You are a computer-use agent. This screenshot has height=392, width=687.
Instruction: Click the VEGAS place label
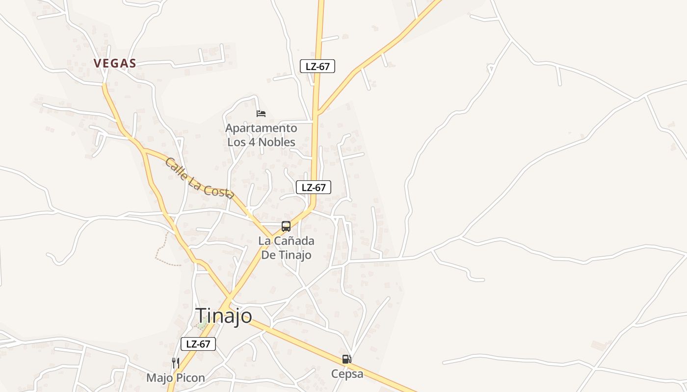coord(115,63)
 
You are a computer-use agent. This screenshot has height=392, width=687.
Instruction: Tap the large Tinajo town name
coord(224,316)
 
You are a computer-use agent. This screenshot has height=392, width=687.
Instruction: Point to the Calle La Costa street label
coord(198,178)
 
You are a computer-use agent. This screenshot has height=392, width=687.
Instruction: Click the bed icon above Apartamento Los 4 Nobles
coord(261,114)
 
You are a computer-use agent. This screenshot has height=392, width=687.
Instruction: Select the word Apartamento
coord(261,128)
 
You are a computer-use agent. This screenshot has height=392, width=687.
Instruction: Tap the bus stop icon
coord(286,226)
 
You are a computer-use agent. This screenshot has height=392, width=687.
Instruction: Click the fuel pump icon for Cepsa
coord(347,359)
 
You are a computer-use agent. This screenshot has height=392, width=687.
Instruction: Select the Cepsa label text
coord(347,374)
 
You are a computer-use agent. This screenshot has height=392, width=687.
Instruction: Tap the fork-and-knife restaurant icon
coord(175,363)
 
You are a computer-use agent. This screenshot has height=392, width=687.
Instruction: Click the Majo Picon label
coord(175,378)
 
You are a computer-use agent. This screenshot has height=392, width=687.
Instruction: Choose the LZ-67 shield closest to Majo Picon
coord(198,344)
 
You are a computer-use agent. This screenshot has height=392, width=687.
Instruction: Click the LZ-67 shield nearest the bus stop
coord(314,187)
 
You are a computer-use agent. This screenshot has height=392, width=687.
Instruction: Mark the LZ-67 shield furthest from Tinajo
coord(317,66)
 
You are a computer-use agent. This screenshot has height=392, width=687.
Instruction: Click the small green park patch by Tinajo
coord(202,324)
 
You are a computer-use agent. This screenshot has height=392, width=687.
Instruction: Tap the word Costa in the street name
coord(219,189)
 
